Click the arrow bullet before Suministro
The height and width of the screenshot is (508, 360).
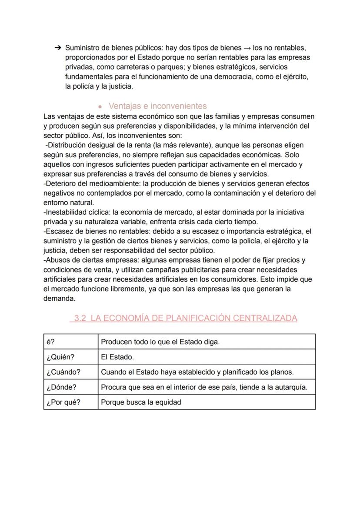click(x=57, y=47)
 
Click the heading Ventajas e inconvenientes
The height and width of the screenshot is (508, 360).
click(x=157, y=106)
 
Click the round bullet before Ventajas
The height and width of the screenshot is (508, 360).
click(x=100, y=106)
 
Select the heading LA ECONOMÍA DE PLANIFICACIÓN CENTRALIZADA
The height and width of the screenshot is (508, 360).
click(x=193, y=318)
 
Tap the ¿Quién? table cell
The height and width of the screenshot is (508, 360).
click(x=60, y=357)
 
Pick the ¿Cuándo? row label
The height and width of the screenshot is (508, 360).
click(x=63, y=372)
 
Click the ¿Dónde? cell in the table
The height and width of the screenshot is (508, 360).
click(x=61, y=387)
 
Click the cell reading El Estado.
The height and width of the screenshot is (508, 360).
click(x=117, y=357)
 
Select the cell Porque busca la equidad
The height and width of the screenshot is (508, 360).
click(x=141, y=402)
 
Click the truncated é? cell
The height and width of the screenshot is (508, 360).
click(x=50, y=342)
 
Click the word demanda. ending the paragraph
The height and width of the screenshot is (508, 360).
click(x=59, y=298)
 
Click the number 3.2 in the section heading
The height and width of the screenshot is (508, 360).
click(x=80, y=318)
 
